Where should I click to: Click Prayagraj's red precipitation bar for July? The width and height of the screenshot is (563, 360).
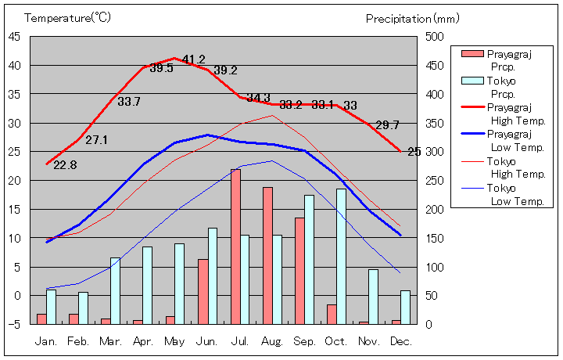pyautogui.click(x=235, y=247)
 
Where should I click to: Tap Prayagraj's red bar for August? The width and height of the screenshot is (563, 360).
pyautogui.click(x=267, y=255)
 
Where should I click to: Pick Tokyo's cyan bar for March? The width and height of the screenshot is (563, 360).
pyautogui.click(x=116, y=290)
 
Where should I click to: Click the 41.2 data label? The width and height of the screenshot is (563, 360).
pyautogui.click(x=193, y=59)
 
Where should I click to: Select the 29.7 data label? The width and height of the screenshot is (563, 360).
pyautogui.click(x=387, y=125)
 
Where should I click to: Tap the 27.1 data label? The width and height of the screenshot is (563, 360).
pyautogui.click(x=97, y=140)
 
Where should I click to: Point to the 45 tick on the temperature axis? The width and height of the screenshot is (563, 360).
pyautogui.click(x=15, y=36)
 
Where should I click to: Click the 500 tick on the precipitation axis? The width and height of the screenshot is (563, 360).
pyautogui.click(x=435, y=36)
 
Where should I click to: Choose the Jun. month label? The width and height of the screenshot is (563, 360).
pyautogui.click(x=207, y=341)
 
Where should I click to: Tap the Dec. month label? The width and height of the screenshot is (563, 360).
pyautogui.click(x=400, y=341)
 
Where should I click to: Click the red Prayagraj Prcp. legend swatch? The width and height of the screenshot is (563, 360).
pyautogui.click(x=472, y=54)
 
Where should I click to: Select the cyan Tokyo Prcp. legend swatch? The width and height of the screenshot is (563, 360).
pyautogui.click(x=472, y=81)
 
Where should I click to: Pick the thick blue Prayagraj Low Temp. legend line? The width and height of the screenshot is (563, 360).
pyautogui.click(x=472, y=134)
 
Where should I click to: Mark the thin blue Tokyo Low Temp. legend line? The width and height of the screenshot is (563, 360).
pyautogui.click(x=472, y=188)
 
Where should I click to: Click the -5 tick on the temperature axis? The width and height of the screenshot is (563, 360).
pyautogui.click(x=15, y=324)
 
